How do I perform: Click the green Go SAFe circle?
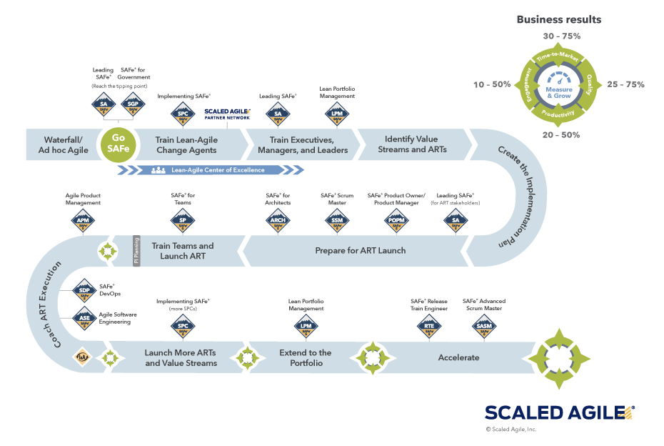point(119,144)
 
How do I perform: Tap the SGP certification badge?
point(133,105)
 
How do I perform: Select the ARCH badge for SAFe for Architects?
point(278,223)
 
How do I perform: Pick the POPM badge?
point(396,223)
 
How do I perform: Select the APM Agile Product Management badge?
point(82,223)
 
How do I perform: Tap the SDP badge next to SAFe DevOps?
point(84,290)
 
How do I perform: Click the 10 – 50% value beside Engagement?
point(491,84)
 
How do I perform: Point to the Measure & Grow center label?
point(558,91)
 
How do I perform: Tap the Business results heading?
point(558,19)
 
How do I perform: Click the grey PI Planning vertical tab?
point(136,251)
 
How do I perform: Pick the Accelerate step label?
point(458,357)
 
